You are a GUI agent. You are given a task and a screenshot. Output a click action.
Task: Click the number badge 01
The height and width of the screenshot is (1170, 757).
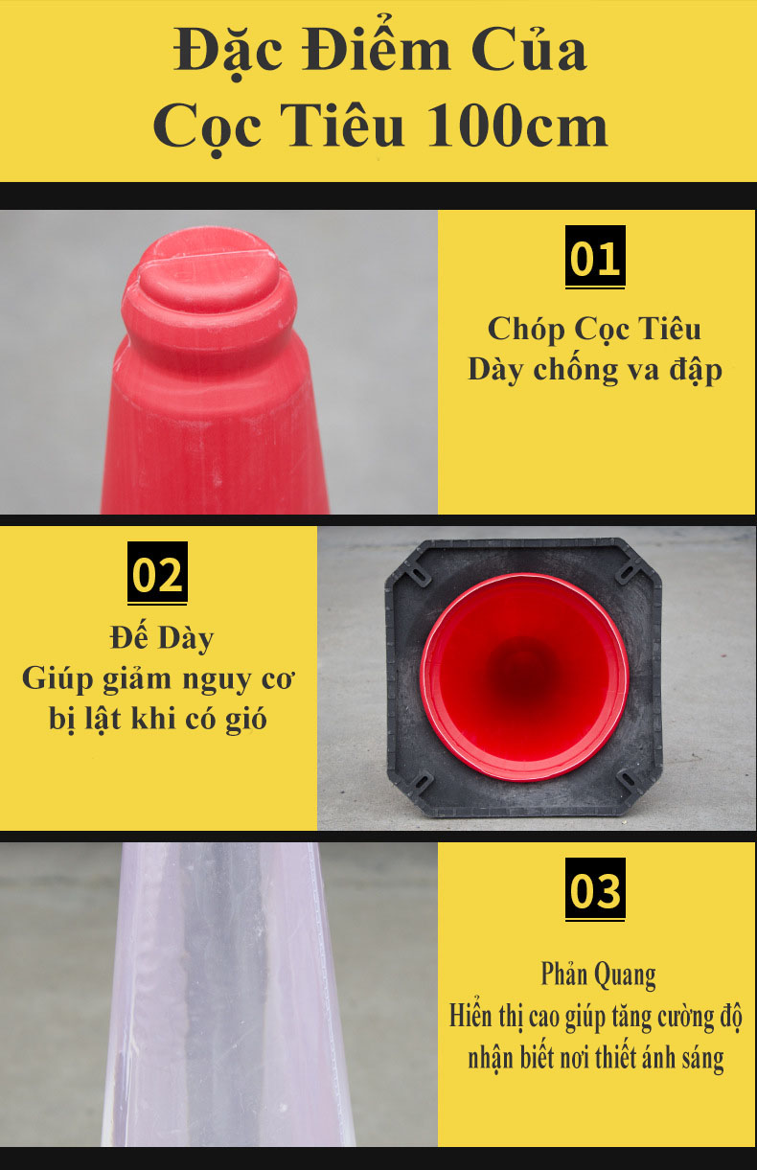594,258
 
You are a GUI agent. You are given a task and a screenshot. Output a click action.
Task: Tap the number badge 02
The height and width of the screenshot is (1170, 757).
157,574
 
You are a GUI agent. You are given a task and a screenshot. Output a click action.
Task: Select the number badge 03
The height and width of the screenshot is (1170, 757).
594,890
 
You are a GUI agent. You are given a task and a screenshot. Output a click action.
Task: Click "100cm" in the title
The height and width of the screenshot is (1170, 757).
517,126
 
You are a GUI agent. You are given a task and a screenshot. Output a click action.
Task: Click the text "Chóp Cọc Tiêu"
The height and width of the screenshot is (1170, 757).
594,329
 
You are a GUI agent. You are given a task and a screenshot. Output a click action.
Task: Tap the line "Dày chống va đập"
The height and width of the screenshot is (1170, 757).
594,370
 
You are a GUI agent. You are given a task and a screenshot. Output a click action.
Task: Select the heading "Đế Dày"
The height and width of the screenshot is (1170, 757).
158,637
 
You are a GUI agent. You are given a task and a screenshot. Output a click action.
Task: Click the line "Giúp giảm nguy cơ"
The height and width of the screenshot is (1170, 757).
158,679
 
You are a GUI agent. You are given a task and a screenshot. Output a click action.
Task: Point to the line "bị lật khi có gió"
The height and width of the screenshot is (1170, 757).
158,718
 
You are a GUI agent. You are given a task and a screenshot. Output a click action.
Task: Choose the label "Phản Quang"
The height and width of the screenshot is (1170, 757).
598,975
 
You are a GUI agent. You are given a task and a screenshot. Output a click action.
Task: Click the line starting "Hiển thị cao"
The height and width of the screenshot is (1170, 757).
595,1016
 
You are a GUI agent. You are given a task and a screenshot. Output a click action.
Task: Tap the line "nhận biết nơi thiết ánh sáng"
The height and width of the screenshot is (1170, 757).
595,1058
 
